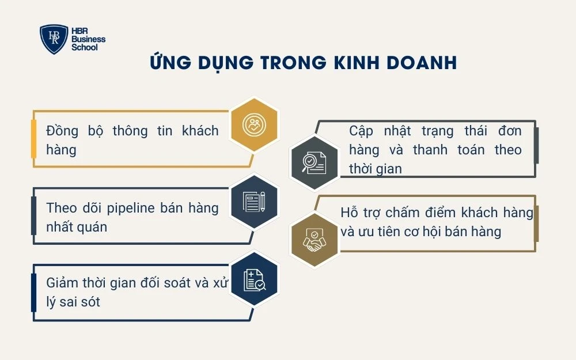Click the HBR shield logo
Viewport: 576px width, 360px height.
(x=54, y=39)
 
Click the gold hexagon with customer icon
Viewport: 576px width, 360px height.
(x=254, y=125)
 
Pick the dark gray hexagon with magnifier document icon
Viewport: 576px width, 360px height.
(x=314, y=162)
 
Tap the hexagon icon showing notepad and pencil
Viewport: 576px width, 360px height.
(x=254, y=201)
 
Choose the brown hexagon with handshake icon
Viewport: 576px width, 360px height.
(x=314, y=241)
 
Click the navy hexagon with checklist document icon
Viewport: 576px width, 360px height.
(x=254, y=279)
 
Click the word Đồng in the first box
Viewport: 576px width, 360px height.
(x=63, y=131)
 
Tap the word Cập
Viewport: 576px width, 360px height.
(x=361, y=131)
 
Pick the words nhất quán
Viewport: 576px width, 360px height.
(x=77, y=227)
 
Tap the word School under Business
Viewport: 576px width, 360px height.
(x=84, y=47)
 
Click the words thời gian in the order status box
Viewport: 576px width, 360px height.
(x=376, y=169)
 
